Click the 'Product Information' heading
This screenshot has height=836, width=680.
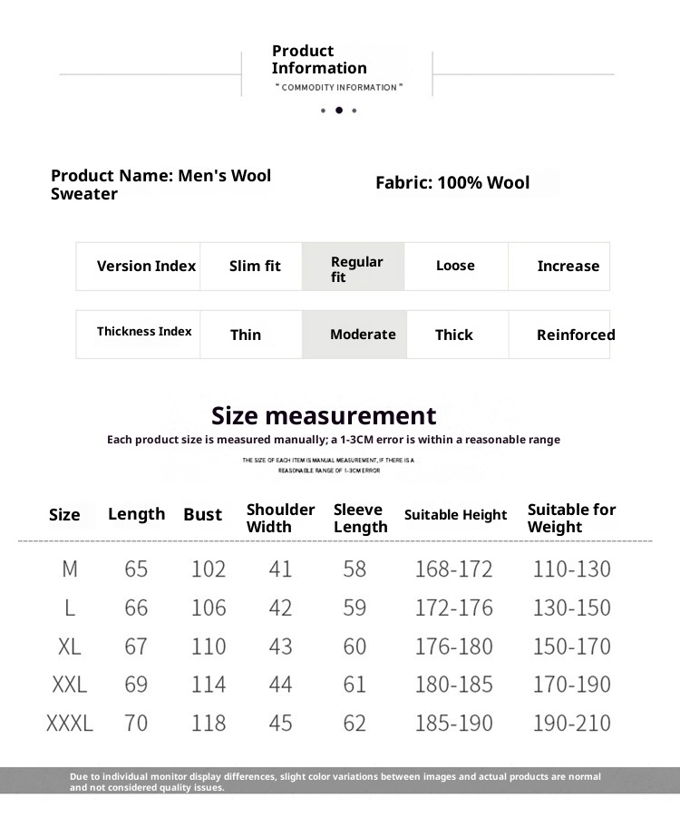click(319, 60)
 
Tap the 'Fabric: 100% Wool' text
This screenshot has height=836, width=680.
click(452, 183)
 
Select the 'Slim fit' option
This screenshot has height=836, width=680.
click(255, 267)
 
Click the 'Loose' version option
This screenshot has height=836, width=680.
click(455, 266)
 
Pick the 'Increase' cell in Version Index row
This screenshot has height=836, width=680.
click(568, 267)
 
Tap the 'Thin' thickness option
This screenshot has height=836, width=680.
click(246, 335)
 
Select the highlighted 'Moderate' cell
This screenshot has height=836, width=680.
click(363, 335)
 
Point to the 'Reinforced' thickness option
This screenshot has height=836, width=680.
click(576, 335)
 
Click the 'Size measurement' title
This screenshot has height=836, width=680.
click(324, 416)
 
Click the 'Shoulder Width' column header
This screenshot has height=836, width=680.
click(281, 518)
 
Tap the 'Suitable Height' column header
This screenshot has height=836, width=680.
click(455, 515)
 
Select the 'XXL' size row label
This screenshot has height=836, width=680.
click(70, 685)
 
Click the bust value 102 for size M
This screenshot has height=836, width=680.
click(209, 569)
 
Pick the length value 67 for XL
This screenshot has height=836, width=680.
click(136, 646)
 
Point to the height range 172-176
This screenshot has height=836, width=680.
click(453, 608)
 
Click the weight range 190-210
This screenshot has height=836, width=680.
click(571, 724)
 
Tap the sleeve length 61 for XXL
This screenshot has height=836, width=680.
click(355, 685)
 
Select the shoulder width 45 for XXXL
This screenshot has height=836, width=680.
click(281, 724)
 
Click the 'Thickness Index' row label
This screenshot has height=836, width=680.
click(144, 332)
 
